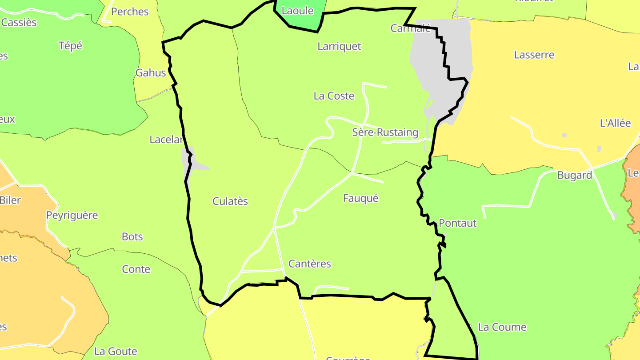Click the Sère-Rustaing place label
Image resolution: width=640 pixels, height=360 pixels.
point(385,132)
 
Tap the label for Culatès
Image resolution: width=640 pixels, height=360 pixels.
point(230,201)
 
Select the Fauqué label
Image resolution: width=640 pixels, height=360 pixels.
point(360,198)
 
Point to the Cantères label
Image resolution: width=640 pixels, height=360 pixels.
point(310,264)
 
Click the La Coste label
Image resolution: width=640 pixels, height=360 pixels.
point(334,96)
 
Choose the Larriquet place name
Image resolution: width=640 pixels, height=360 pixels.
point(339,46)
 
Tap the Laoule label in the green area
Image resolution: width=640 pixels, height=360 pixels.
point(298,11)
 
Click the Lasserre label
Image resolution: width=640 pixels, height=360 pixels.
point(534,55)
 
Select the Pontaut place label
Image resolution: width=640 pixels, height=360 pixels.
point(457,223)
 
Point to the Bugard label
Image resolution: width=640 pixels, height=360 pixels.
point(575,176)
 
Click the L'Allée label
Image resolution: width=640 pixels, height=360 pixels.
point(615,123)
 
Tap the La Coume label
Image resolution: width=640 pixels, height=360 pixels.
point(502,327)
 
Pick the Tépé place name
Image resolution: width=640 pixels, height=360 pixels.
point(70,46)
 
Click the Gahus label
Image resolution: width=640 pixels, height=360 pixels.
point(151,73)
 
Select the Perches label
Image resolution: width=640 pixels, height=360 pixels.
point(130,12)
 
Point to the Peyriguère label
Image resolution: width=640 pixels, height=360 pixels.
point(72,215)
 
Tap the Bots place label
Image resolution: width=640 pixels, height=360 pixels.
point(132,236)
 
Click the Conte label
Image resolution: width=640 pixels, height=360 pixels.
point(136,269)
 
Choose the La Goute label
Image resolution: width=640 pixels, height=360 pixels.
point(116,352)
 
